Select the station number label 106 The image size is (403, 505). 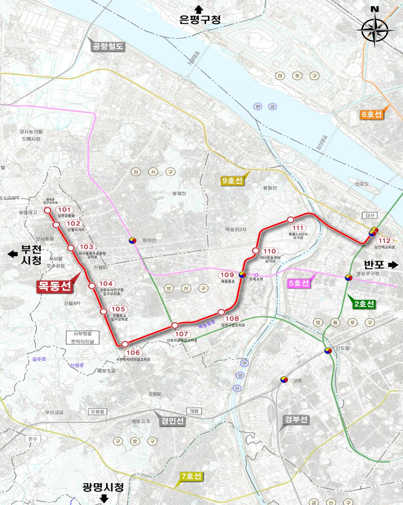click(x=132, y=353)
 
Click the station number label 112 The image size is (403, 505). click(x=384, y=241)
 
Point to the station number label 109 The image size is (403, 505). click(x=227, y=275)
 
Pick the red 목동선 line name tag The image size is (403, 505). click(x=54, y=286)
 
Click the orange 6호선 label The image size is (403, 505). click(x=372, y=115)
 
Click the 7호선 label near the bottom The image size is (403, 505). click(x=191, y=476)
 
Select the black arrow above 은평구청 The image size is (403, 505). click(x=199, y=9)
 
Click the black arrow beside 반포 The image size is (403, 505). click(x=393, y=265)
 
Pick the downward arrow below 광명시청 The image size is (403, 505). click(x=105, y=499)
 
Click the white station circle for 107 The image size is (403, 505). click(x=175, y=325)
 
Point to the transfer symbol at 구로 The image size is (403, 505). click(x=283, y=380)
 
